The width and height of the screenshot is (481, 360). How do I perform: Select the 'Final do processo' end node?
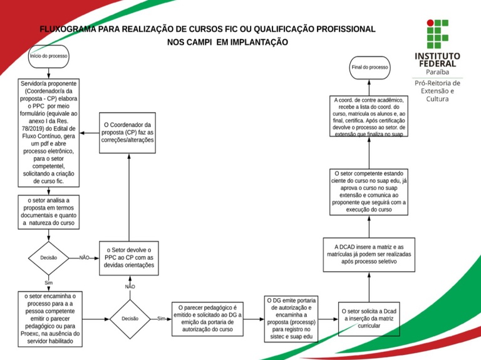(x=370, y=67)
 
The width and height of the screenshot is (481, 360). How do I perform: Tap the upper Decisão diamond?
(x=48, y=258)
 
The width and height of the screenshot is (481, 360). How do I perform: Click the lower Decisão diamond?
(x=130, y=318)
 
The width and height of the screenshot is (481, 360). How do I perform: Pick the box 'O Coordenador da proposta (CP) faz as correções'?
(x=128, y=133)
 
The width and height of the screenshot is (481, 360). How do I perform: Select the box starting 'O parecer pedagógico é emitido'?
(x=207, y=318)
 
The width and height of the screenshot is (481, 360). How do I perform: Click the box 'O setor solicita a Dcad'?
(x=369, y=318)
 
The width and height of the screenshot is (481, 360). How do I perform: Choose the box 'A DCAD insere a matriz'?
(x=369, y=255)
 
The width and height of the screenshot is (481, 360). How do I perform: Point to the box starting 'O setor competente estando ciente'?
(x=369, y=191)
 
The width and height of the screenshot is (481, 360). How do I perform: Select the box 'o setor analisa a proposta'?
(x=48, y=212)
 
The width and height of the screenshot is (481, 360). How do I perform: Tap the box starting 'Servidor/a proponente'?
(x=48, y=132)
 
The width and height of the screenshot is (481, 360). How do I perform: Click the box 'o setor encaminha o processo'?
(x=49, y=318)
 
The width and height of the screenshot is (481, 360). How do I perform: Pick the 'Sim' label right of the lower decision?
(x=161, y=318)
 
